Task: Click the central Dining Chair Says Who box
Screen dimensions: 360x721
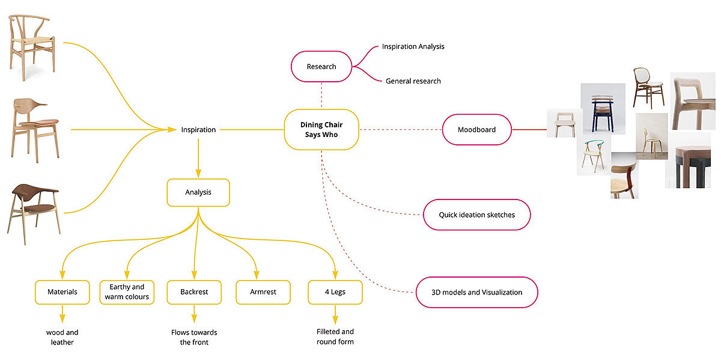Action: (x=321, y=130)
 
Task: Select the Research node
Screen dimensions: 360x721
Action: (x=321, y=66)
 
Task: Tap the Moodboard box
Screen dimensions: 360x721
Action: (x=476, y=129)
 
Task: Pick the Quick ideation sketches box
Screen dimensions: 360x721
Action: (x=476, y=215)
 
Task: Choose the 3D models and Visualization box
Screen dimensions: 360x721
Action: (x=476, y=292)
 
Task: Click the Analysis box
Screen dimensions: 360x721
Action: (x=198, y=193)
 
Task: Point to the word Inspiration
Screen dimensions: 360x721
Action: (x=198, y=129)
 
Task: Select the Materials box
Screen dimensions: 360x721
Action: (x=62, y=292)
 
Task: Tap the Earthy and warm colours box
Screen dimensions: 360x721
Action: (x=127, y=292)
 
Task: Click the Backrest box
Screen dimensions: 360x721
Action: (x=193, y=292)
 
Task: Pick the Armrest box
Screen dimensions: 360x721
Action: (x=263, y=292)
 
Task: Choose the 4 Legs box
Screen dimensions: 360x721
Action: (x=335, y=292)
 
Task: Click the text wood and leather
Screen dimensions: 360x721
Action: (x=62, y=337)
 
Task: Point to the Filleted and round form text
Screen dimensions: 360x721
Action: (x=335, y=337)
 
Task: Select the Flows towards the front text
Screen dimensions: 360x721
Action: (x=193, y=337)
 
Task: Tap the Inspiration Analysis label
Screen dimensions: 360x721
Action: (x=413, y=46)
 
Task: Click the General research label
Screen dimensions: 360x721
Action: (x=413, y=81)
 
